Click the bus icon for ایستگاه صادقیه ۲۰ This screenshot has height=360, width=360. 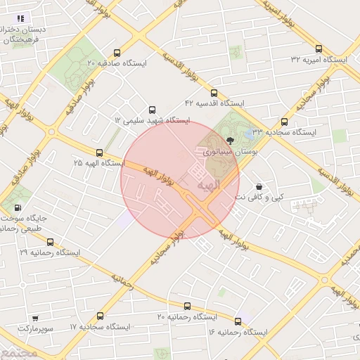click(117, 53)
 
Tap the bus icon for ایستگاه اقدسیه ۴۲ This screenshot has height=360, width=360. click(214, 92)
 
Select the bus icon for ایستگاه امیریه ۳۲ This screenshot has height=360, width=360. click(319, 49)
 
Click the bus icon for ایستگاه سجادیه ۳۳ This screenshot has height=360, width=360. click(284, 121)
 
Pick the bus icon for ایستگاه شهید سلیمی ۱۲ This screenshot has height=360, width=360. click(153, 109)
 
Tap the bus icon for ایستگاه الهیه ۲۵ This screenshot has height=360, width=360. click(99, 152)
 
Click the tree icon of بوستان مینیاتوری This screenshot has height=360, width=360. click(231, 141)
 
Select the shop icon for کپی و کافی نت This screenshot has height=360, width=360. click(260, 186)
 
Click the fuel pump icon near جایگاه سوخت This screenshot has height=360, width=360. click(18, 207)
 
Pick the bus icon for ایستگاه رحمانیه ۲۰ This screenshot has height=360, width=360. click(187, 306)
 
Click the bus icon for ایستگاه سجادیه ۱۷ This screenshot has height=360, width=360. click(100, 316)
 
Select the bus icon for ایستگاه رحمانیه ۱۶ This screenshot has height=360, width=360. click(239, 320)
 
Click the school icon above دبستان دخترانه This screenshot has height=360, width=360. click(21, 18)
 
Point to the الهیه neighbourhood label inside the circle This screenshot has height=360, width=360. click(209, 185)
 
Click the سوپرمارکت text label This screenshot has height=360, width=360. click(34, 328)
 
